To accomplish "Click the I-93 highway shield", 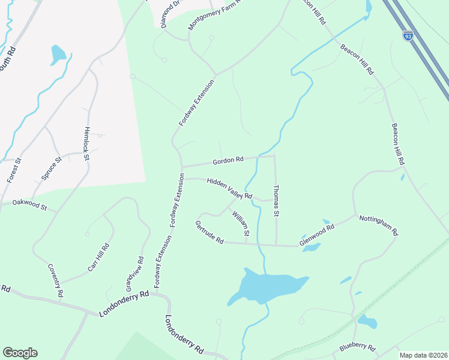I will [408, 36].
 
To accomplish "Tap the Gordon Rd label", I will [228, 160].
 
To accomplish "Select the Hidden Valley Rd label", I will [229, 188].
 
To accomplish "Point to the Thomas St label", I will [276, 200].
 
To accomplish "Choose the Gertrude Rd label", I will [209, 232].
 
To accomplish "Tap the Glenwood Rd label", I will [316, 235].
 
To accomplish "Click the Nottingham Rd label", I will [379, 224].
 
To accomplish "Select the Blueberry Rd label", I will [357, 347].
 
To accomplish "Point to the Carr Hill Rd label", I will [98, 257].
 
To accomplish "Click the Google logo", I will [20, 353].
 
